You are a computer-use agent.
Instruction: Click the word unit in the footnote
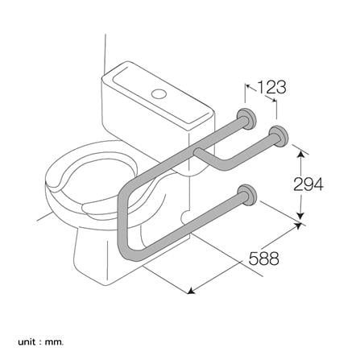[19, 343]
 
